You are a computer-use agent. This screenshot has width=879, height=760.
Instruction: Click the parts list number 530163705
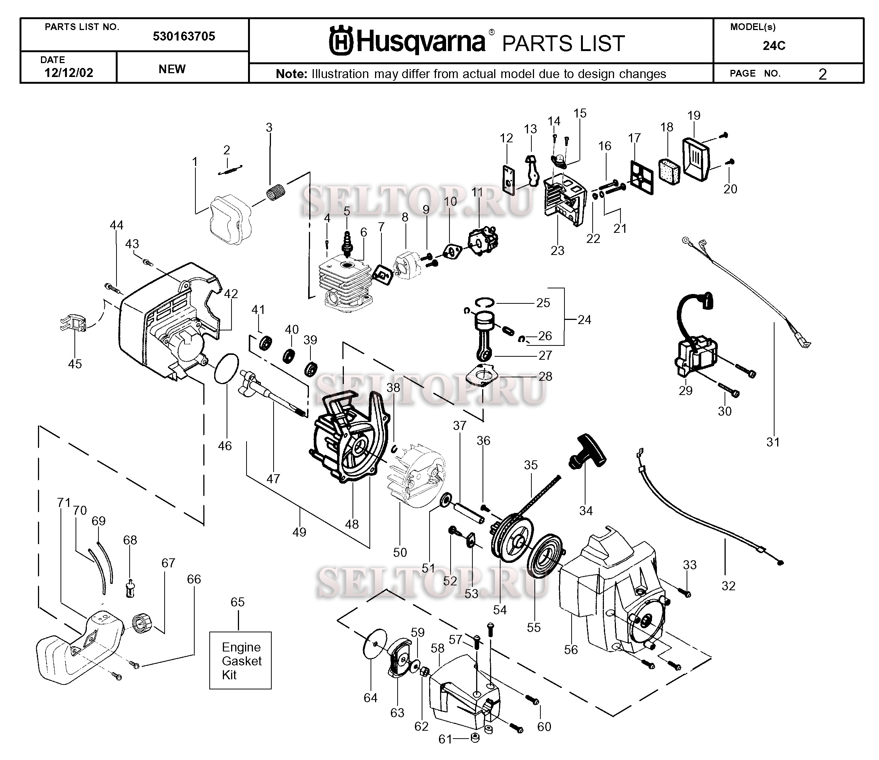(x=184, y=36)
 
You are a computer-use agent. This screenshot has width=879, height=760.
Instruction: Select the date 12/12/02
(x=69, y=72)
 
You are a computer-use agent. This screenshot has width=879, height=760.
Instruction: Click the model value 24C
(x=774, y=46)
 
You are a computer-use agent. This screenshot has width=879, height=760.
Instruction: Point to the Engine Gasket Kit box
(x=240, y=660)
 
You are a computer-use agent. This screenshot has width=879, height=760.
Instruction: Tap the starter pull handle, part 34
(x=587, y=452)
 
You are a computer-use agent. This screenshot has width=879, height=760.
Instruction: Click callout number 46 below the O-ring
(x=225, y=446)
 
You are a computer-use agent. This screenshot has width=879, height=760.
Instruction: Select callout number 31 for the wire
(x=773, y=442)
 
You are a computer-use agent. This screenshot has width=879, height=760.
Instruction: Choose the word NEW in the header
(x=172, y=69)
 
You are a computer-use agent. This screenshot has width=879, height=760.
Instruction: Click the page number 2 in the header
(x=822, y=74)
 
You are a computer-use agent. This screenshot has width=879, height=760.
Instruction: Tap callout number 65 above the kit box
(x=238, y=602)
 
